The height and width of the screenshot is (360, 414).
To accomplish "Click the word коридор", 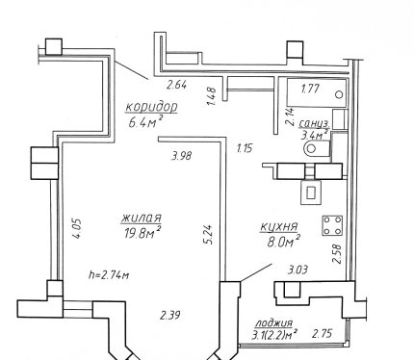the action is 151,108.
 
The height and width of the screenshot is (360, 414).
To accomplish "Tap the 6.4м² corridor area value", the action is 145,121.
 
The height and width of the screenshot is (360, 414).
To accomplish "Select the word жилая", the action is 142,218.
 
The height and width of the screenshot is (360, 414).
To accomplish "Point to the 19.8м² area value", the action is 142,232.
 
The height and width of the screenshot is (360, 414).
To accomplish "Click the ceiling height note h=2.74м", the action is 109,275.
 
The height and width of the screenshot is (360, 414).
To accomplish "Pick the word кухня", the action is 279,227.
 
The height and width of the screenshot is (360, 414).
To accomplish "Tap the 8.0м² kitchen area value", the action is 284,241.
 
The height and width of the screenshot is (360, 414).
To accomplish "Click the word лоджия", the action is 273,322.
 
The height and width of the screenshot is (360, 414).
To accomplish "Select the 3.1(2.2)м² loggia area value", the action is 273,335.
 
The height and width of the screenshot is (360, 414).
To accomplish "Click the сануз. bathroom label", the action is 314,123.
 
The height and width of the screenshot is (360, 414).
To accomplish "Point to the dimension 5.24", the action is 208,234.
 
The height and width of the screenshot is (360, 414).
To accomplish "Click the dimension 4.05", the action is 77,228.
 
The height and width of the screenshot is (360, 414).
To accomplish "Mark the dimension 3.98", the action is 182,156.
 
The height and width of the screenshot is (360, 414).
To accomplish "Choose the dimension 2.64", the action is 176,86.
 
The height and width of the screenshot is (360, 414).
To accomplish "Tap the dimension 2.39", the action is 170,316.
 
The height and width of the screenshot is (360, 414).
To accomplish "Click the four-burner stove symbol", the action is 332,225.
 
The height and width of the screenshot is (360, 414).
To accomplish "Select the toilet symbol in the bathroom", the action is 317,148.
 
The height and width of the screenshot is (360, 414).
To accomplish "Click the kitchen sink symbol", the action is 311,193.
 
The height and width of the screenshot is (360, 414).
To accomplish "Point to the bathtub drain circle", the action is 339,94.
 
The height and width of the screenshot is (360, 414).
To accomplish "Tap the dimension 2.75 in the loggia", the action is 323,333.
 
